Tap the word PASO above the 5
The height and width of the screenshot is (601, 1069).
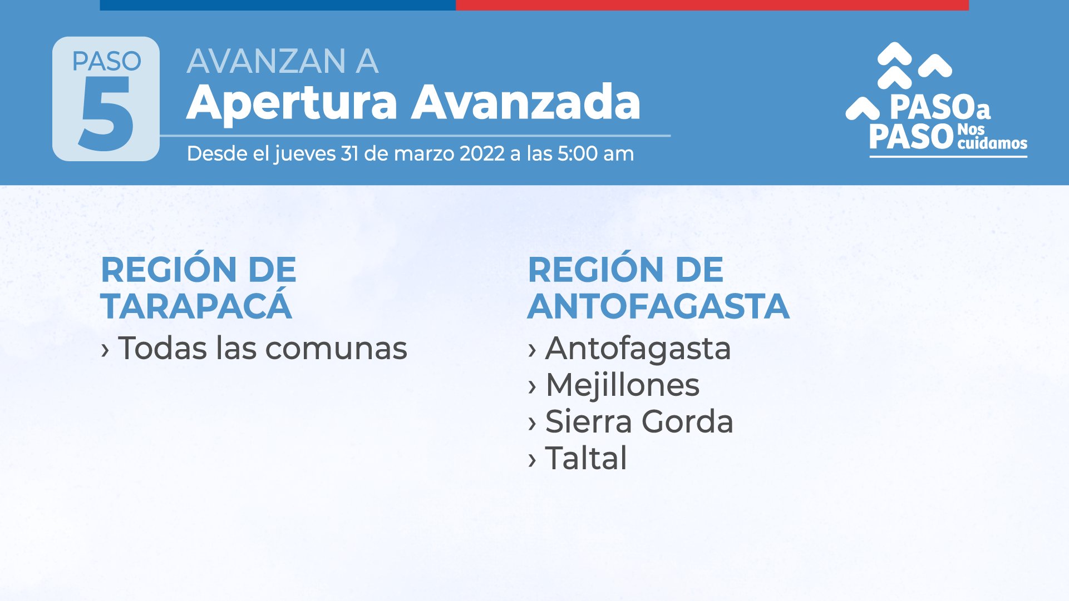click(x=107, y=61)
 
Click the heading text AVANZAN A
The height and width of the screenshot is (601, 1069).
click(x=283, y=61)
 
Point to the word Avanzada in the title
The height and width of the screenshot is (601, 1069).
click(x=526, y=102)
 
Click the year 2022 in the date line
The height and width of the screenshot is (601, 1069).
click(x=482, y=153)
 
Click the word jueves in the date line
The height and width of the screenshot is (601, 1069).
click(x=305, y=154)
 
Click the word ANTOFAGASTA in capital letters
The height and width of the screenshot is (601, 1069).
click(x=658, y=306)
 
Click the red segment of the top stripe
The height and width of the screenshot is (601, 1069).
click(x=712, y=5)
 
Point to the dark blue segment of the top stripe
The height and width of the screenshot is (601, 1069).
click(x=278, y=5)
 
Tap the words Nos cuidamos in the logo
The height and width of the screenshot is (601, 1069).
click(x=992, y=137)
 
